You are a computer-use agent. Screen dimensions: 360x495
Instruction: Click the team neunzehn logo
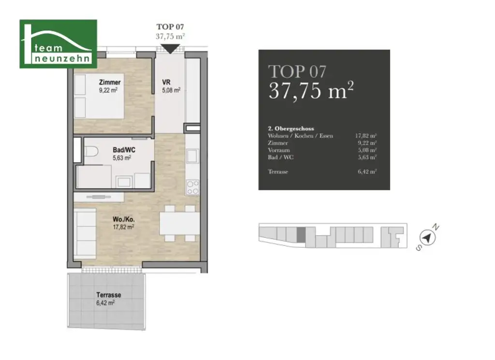58,43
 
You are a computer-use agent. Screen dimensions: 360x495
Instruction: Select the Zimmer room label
110,83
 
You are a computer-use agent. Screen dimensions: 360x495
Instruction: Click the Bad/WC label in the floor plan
124,150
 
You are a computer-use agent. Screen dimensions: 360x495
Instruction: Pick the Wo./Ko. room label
121,219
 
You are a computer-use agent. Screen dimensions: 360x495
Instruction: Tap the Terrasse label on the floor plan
108,295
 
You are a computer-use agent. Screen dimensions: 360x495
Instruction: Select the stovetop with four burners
192,187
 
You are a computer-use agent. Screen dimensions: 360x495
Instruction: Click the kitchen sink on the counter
192,157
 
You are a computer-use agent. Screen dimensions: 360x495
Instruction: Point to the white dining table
178,224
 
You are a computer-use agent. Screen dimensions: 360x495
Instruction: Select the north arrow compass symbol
427,237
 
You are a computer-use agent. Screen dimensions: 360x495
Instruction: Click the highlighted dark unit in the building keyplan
301,235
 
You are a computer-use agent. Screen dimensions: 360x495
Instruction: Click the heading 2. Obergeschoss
291,129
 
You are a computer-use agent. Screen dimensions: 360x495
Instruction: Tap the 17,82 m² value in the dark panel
366,136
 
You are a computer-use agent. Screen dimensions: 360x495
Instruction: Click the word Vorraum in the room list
278,150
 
